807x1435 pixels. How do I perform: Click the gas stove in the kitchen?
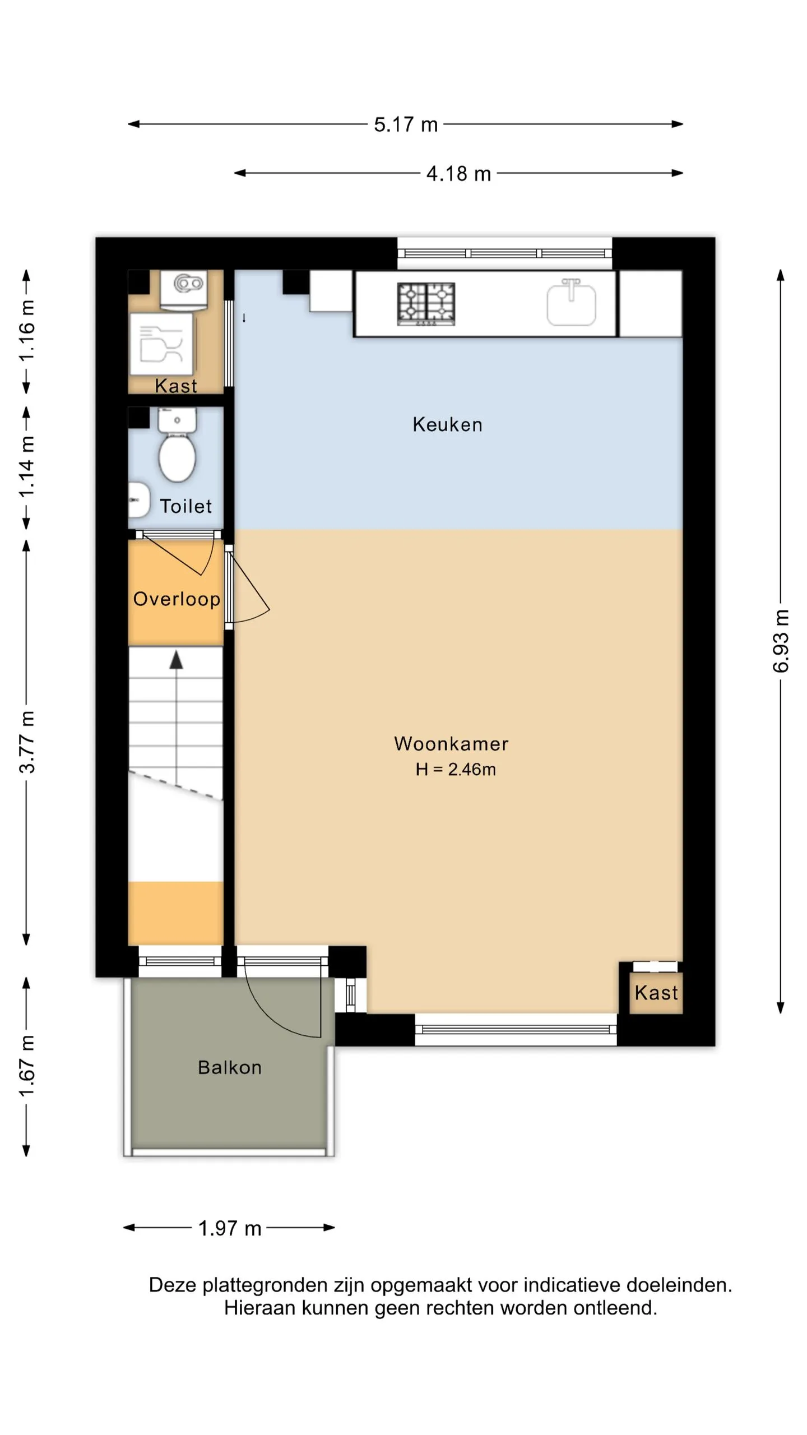tap(426, 304)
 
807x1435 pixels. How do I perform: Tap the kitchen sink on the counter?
tap(571, 303)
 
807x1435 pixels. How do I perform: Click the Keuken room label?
tap(447, 424)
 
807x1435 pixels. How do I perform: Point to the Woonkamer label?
tap(451, 743)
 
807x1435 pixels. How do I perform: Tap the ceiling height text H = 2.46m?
tap(456, 769)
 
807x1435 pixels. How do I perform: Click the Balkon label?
tap(230, 1067)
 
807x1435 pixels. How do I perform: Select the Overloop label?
tap(177, 599)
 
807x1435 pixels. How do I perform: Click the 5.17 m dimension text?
tap(406, 124)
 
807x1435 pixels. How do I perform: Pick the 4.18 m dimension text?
tap(458, 174)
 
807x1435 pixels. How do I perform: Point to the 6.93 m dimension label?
tap(781, 641)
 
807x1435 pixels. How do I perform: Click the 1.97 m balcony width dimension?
tap(230, 1228)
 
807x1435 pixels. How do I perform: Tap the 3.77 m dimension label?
tap(27, 742)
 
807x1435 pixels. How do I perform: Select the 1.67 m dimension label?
tap(27, 1066)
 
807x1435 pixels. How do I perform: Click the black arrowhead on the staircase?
tap(177, 660)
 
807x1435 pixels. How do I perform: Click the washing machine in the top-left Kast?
tap(162, 344)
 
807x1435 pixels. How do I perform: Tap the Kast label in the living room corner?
tap(656, 993)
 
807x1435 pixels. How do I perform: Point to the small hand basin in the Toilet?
tap(138, 499)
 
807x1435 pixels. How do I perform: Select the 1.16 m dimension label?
tap(27, 330)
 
